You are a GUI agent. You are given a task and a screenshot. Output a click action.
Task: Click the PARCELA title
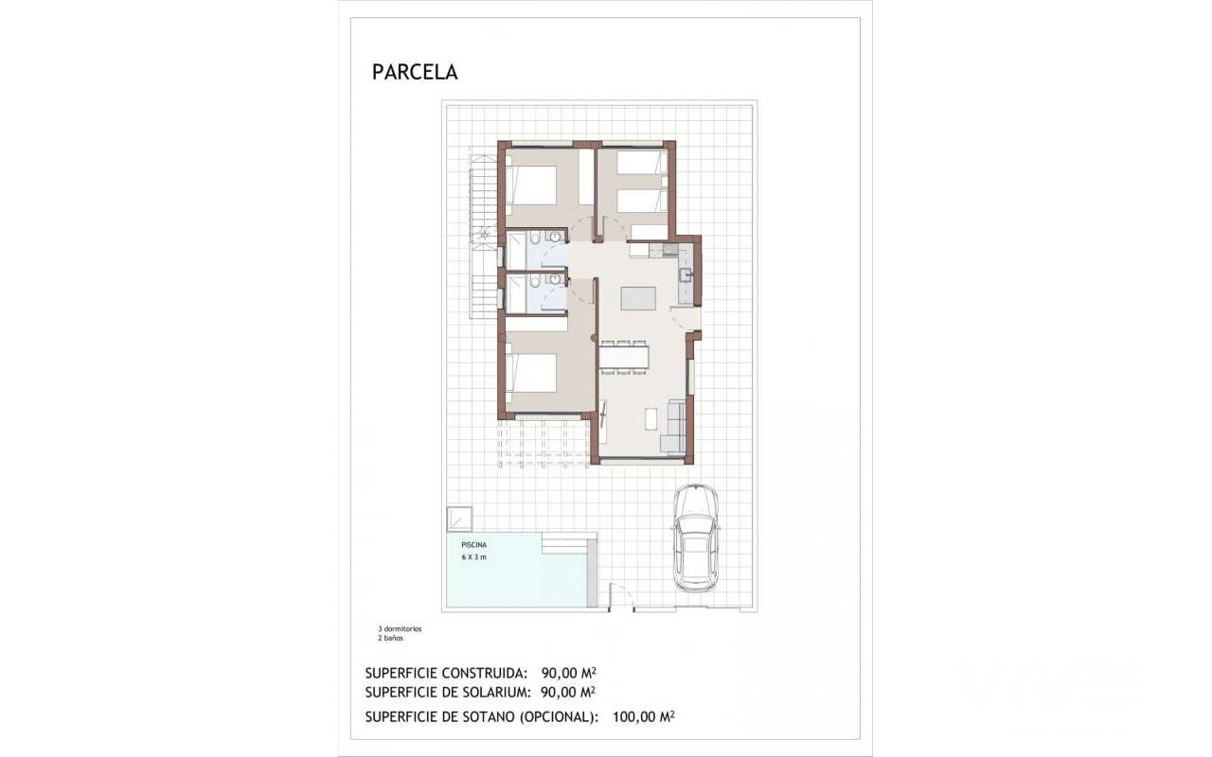(415, 72)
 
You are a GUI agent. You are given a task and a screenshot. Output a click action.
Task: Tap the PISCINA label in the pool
(474, 545)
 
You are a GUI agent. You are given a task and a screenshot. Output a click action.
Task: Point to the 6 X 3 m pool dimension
(474, 557)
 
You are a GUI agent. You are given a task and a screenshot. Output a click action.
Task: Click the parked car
(696, 537)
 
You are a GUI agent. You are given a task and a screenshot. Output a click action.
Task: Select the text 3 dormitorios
(400, 629)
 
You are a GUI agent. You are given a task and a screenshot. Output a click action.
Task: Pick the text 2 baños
(391, 638)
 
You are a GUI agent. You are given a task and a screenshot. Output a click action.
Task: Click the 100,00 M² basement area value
(643, 717)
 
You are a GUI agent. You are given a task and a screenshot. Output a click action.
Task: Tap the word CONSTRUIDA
(484, 673)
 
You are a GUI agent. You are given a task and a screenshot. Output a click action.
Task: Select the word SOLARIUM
(497, 692)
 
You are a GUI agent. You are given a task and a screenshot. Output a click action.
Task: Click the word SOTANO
(489, 717)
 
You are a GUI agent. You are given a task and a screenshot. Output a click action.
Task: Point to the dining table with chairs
(623, 358)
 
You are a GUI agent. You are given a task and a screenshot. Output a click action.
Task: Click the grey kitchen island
(638, 298)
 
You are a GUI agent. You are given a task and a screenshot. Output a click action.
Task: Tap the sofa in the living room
(673, 426)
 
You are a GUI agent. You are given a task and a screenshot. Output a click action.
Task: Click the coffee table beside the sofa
(651, 419)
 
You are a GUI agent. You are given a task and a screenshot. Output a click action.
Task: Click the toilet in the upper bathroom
(535, 238)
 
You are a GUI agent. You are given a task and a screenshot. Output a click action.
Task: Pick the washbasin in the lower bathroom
(555, 279)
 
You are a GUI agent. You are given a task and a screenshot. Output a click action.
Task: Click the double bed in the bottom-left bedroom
(531, 373)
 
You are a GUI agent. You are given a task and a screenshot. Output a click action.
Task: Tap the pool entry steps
(569, 543)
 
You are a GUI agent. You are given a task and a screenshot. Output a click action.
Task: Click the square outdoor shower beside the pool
(459, 519)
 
